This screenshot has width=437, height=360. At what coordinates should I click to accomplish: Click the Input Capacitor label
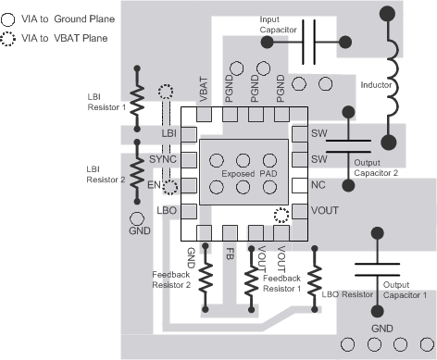coord(279,35)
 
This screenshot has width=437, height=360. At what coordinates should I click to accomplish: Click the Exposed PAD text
coord(244,173)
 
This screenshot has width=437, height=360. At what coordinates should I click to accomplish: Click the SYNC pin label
coord(164,160)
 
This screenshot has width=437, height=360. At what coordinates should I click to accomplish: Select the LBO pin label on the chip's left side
coord(167,210)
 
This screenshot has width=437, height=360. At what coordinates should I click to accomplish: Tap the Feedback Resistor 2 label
coord(172,280)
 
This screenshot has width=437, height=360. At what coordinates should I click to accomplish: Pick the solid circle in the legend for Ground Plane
coord(10,19)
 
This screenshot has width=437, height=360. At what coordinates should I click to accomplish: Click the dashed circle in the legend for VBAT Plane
coord(10,40)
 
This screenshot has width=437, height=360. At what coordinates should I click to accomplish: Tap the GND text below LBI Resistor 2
coord(138,230)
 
